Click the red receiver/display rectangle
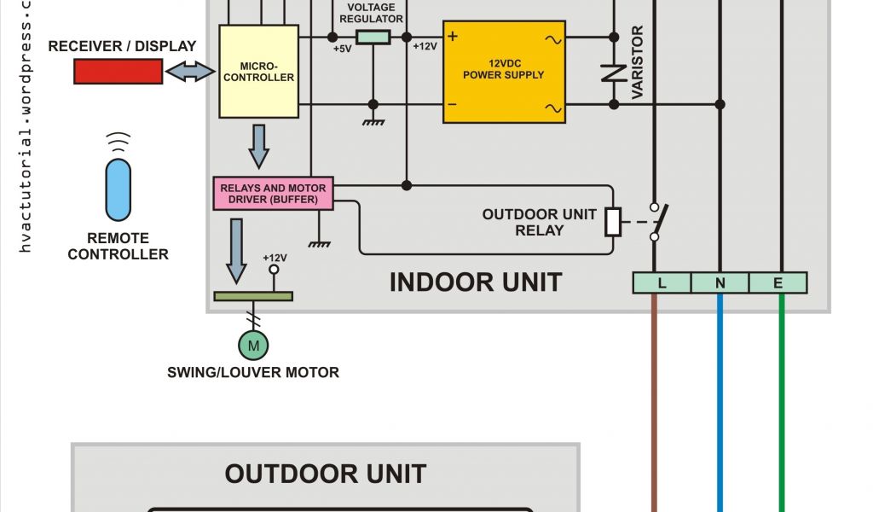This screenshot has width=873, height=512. click(x=118, y=73)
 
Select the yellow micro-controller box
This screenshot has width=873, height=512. click(x=258, y=72)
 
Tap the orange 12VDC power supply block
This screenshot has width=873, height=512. click(x=503, y=73)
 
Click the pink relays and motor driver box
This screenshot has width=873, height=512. click(x=273, y=194)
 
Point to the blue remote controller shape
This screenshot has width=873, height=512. click(x=119, y=189)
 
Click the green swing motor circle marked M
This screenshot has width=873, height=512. click(x=252, y=345)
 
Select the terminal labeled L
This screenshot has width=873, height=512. click(x=662, y=282)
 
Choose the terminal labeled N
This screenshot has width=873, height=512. click(x=720, y=282)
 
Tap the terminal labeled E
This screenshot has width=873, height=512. click(x=778, y=282)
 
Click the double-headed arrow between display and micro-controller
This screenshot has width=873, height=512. click(x=190, y=73)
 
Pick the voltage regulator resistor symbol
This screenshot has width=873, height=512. click(x=373, y=38)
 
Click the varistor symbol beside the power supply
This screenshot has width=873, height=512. click(x=614, y=73)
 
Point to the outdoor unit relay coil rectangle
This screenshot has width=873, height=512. click(x=613, y=221)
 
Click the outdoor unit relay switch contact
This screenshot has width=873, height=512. click(x=656, y=221)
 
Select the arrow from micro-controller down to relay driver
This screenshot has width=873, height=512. click(x=258, y=147)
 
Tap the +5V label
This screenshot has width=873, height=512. click(x=343, y=49)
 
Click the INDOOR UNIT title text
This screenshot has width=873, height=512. click(x=475, y=282)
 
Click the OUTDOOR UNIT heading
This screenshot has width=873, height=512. click(x=325, y=474)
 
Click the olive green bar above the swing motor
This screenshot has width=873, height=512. click(x=252, y=296)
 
